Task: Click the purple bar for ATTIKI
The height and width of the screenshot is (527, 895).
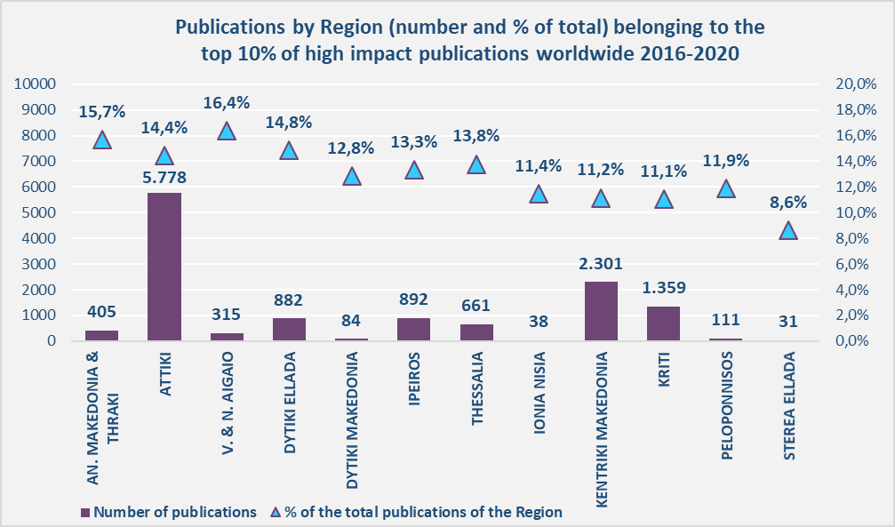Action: coord(164,267)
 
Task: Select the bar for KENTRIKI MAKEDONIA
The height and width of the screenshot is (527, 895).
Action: coord(601,311)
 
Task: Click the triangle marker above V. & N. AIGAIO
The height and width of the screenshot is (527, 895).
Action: coord(227,132)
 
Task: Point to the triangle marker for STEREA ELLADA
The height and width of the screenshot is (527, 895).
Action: coord(788,230)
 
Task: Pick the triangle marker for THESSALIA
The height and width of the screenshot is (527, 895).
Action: coord(476,164)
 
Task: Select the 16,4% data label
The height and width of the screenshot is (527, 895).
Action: coord(227,103)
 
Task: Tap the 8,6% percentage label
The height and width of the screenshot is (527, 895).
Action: coord(788,202)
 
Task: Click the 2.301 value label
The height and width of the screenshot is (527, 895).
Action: coord(601,263)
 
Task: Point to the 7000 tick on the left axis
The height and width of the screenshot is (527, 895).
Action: coord(38,162)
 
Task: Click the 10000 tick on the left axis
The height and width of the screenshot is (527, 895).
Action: coord(35,84)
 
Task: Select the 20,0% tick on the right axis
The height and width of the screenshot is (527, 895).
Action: coord(857,84)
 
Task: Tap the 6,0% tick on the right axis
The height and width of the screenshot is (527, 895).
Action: coord(857,264)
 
